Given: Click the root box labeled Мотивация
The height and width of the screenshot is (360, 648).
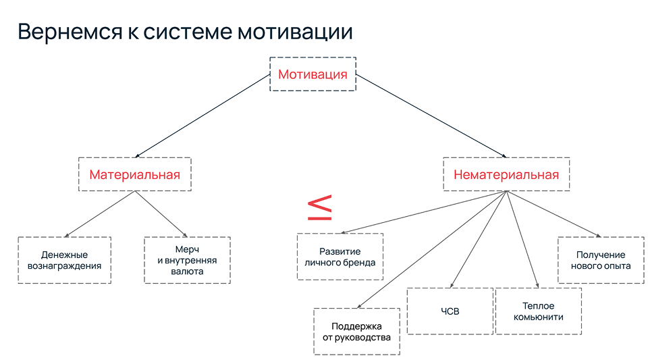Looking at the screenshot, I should click(x=313, y=74).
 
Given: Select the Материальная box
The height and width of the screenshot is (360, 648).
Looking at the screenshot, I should click(x=135, y=175).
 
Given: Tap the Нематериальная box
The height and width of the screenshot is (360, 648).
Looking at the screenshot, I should click(x=506, y=175).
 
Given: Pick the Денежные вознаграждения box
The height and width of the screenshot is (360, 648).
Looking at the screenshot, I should click(x=65, y=260).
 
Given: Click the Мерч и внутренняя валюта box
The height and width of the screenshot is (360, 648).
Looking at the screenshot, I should click(x=188, y=260).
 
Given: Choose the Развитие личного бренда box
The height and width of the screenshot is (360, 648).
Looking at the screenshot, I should click(x=340, y=257).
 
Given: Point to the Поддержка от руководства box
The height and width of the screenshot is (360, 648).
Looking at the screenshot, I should click(x=356, y=332).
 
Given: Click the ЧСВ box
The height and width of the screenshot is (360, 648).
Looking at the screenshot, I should click(x=450, y=311).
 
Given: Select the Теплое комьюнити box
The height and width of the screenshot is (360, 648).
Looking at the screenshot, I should click(x=538, y=311).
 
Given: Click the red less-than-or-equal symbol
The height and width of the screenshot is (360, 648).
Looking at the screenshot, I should click(x=320, y=208).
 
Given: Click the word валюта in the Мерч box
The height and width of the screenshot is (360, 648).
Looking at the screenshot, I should click(x=188, y=272).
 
